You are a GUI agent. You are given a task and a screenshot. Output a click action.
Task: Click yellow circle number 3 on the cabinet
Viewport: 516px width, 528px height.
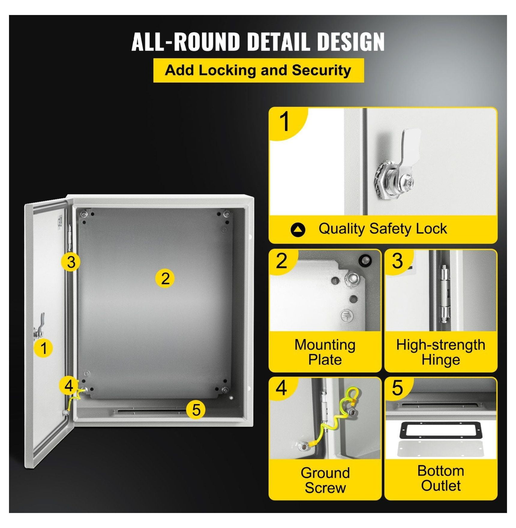(x=71, y=262)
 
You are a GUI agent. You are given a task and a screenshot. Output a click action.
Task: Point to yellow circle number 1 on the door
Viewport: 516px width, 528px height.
(x=44, y=348)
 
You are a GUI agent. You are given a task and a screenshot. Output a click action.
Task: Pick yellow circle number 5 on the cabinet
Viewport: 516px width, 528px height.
(x=196, y=410)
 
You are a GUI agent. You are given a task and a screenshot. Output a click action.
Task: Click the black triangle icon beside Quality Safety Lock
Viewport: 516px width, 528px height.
(x=298, y=230)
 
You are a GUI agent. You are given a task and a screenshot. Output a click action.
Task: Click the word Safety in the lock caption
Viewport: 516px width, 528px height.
(x=389, y=229)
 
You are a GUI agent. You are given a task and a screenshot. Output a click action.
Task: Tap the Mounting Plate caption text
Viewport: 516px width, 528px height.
(x=325, y=352)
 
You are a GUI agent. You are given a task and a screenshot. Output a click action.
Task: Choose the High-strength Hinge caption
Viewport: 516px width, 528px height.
(x=441, y=352)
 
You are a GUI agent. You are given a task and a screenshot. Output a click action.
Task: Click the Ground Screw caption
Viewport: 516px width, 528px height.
(x=325, y=480)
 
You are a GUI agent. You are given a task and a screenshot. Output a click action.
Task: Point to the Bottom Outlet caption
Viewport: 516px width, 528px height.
(x=441, y=478)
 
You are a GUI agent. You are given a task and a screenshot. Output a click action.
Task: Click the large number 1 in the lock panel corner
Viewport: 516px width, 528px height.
(x=284, y=121)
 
